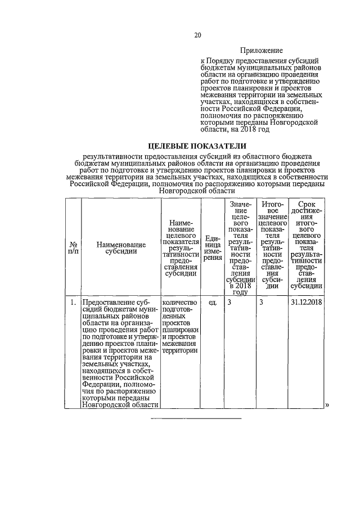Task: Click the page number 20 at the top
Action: click(197, 35)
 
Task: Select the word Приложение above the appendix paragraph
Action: click(262, 51)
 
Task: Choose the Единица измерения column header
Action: click(211, 249)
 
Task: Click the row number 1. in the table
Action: click(73, 303)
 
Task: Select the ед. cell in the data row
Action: click(213, 303)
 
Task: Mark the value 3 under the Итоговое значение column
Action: click(262, 303)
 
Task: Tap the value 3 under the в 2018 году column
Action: click(229, 303)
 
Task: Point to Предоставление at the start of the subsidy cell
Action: click(108, 303)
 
